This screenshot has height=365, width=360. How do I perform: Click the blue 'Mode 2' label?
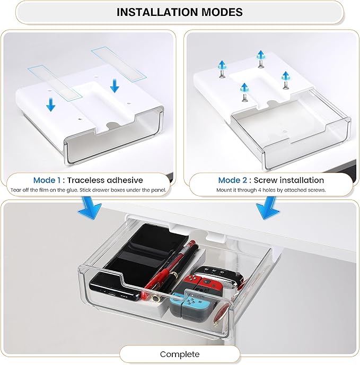(x=232, y=180)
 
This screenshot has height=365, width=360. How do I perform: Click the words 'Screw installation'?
(x=291, y=180)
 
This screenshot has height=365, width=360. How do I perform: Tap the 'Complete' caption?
(x=180, y=354)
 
